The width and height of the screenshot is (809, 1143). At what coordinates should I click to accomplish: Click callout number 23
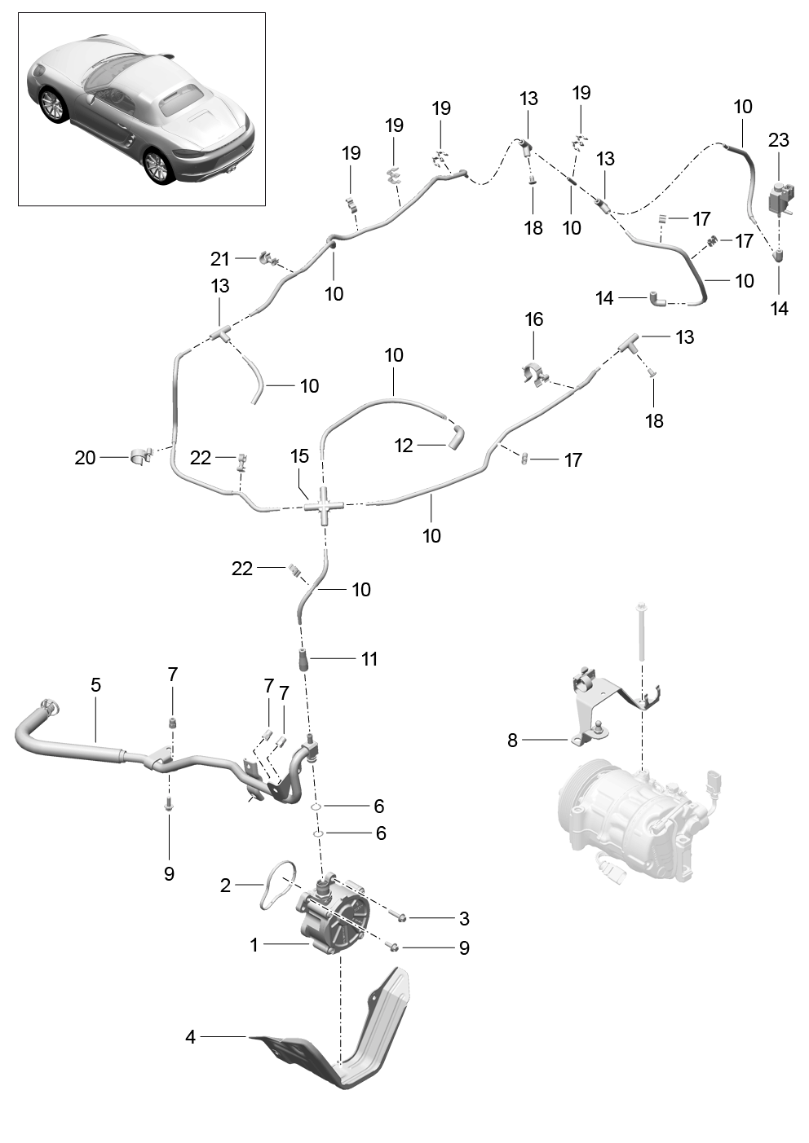click(x=778, y=140)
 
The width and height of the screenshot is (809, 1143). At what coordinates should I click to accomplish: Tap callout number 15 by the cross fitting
click(x=300, y=455)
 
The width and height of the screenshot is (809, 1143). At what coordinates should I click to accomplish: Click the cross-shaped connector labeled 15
click(x=325, y=506)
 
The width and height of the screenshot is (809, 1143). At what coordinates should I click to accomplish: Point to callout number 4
click(x=190, y=1038)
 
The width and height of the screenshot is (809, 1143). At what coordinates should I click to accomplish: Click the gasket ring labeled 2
click(x=274, y=884)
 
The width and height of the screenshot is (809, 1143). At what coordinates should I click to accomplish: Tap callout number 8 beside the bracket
click(x=512, y=741)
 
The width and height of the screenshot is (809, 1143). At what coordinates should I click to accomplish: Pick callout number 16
click(x=534, y=319)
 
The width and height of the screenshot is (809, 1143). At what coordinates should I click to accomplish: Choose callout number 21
click(x=220, y=259)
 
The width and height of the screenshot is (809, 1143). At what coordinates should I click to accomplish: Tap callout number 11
click(x=369, y=658)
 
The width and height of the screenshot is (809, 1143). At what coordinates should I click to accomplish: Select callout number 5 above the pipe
click(x=95, y=685)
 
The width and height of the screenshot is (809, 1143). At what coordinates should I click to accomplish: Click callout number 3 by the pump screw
click(x=464, y=919)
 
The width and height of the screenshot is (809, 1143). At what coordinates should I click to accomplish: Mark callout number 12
click(x=404, y=446)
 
